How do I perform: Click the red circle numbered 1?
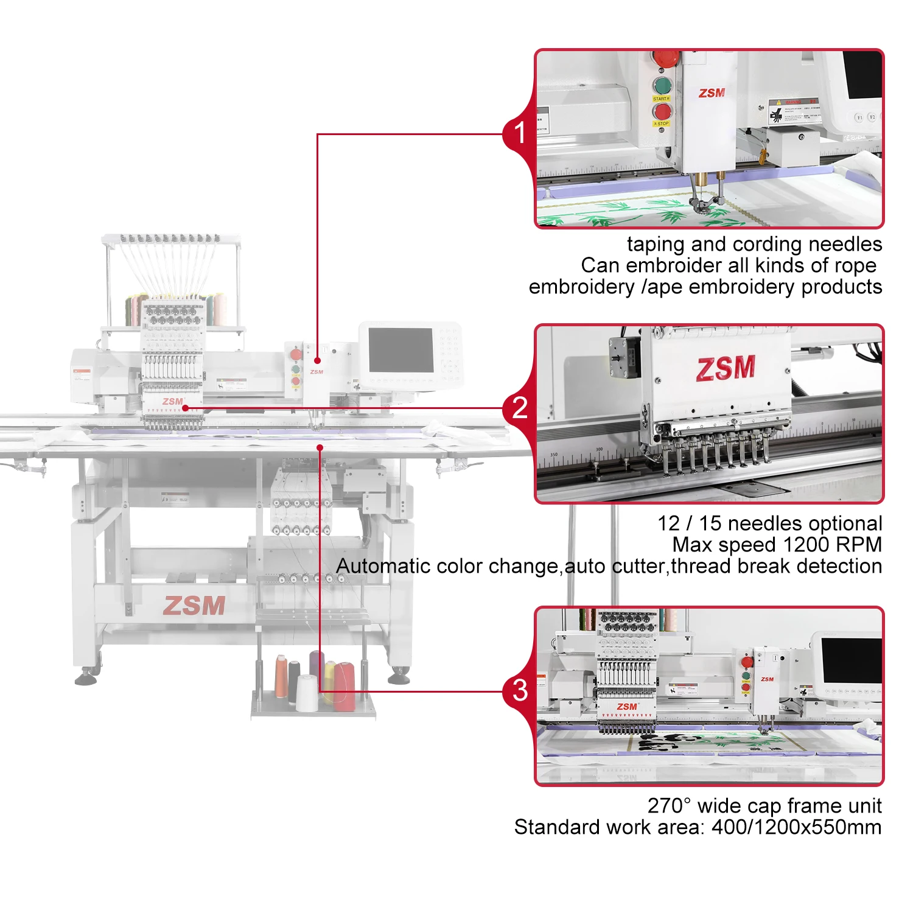coord(519,133)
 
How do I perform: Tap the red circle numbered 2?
coord(519,407)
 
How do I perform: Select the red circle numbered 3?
coord(519,690)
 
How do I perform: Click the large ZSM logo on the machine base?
coord(194,605)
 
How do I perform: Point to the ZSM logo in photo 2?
coord(726,368)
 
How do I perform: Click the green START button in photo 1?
coord(662,85)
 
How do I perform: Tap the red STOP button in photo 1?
coord(662,111)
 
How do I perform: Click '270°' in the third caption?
coord(669,806)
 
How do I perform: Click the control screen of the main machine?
coord(401,350)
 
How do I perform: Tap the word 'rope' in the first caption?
coord(855,266)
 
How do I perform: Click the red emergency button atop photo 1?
coord(665,57)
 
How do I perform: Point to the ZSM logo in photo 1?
coord(712,93)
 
